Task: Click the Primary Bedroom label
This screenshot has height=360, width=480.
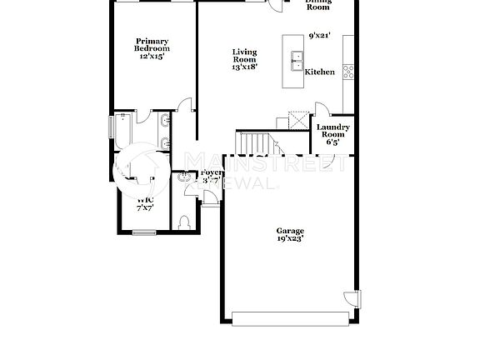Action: (x=152, y=45)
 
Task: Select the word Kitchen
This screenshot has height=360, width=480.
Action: (x=320, y=72)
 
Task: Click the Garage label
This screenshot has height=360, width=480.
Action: (x=290, y=231)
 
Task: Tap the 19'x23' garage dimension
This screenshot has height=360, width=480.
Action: (x=290, y=238)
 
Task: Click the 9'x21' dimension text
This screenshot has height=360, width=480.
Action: (x=320, y=36)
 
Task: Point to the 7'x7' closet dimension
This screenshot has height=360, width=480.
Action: (x=145, y=207)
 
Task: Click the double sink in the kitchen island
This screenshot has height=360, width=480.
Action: (x=296, y=59)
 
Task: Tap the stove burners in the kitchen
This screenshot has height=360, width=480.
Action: (x=348, y=72)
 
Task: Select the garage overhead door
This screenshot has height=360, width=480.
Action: (x=290, y=317)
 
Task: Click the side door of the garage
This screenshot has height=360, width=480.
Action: (x=352, y=297)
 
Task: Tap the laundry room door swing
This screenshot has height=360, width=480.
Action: (x=321, y=110)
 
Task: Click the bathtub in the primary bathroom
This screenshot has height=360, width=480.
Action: (x=119, y=130)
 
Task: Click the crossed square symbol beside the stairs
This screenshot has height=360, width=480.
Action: (x=294, y=118)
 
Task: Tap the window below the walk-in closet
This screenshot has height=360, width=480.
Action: (x=145, y=232)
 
